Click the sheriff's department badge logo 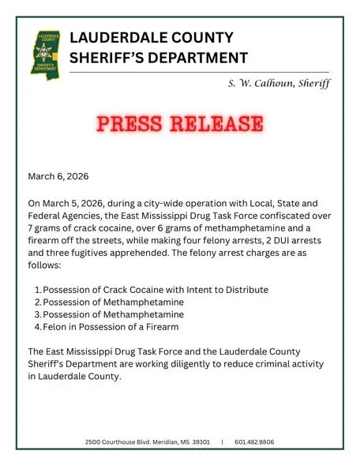click(x=45, y=52)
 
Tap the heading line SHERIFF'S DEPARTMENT click(x=159, y=58)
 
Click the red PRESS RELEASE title click(x=180, y=124)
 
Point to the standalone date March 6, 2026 click(x=58, y=175)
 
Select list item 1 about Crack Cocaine click(x=155, y=290)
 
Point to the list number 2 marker click(x=37, y=303)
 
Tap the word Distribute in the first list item click(x=245, y=290)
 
